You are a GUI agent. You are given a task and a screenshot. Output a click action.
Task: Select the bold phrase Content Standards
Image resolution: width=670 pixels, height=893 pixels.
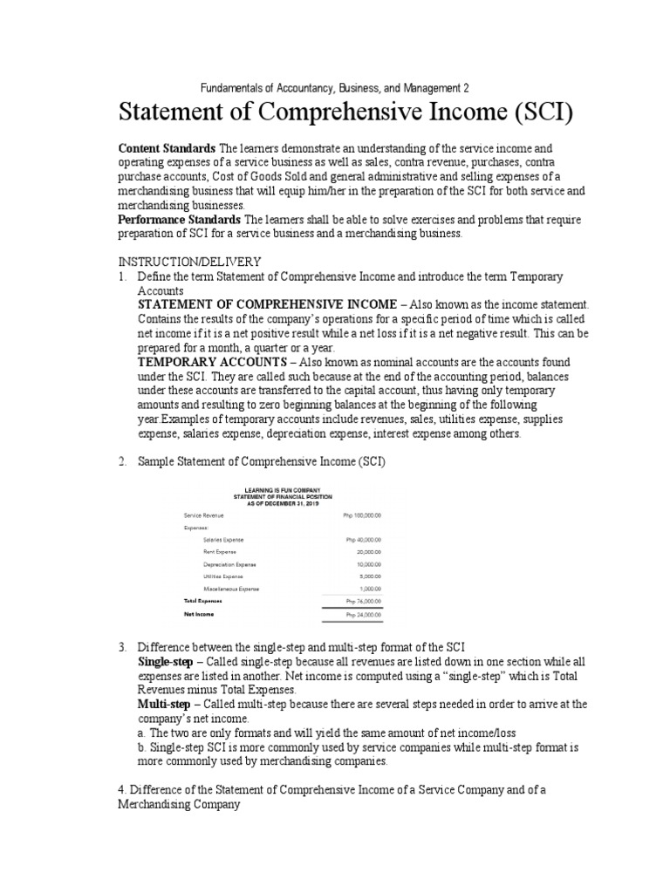pyautogui.click(x=167, y=149)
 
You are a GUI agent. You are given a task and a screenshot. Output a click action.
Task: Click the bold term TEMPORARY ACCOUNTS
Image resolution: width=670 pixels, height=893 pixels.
pyautogui.click(x=210, y=361)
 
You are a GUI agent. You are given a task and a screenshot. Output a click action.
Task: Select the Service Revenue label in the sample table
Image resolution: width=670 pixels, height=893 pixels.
pyautogui.click(x=204, y=516)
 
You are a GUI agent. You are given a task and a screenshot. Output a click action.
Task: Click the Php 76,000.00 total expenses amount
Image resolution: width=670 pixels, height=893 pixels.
pyautogui.click(x=364, y=602)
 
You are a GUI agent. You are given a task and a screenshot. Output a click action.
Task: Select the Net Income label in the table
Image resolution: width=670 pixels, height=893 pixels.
pyautogui.click(x=199, y=614)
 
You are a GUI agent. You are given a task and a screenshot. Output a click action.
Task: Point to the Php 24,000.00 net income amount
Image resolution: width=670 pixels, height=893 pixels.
pyautogui.click(x=364, y=615)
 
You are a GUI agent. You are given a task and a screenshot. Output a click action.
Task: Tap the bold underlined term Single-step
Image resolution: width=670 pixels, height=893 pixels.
pyautogui.click(x=165, y=662)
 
